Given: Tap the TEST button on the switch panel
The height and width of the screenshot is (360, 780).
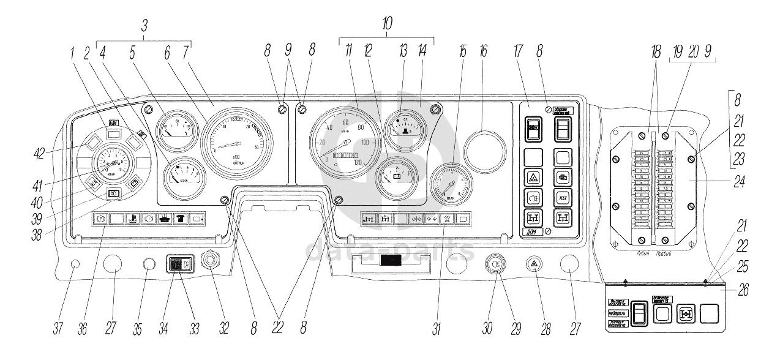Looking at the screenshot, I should pyautogui.click(x=562, y=198).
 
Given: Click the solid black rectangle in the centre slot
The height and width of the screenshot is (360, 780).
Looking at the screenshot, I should pyautogui.click(x=390, y=261).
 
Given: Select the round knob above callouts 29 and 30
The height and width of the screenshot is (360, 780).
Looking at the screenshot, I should pyautogui.click(x=494, y=264).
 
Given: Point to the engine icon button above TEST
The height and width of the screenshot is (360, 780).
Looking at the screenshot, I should pyautogui.click(x=562, y=177).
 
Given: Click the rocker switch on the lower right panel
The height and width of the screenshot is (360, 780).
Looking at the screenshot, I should pyautogui.click(x=639, y=314).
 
